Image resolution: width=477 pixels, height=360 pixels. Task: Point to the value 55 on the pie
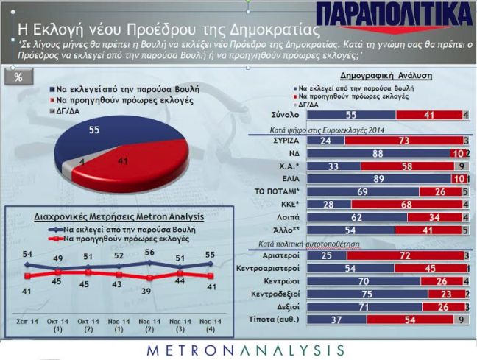(x=93, y=130)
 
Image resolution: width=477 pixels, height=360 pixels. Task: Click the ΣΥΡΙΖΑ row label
(x=285, y=140)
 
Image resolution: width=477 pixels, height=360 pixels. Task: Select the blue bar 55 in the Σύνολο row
(x=350, y=115)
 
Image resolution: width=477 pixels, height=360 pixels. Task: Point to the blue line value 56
(x=149, y=253)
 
